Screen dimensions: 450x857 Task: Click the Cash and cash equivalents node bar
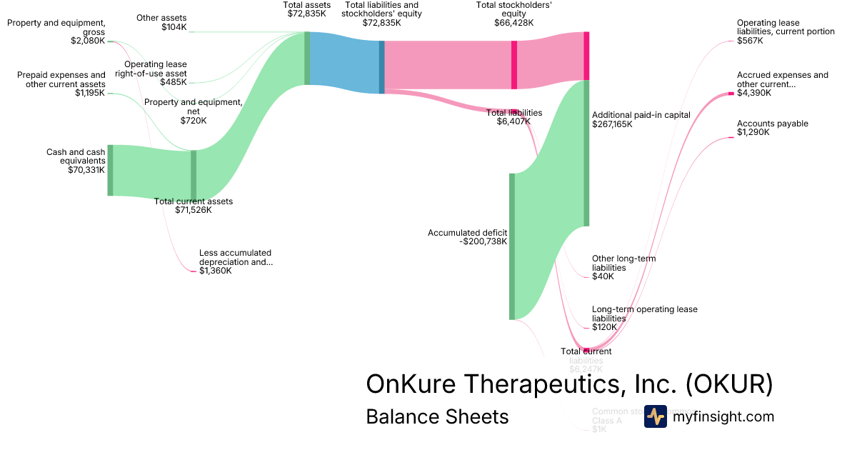[x=110, y=170]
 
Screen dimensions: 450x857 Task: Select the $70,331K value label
[x=86, y=170]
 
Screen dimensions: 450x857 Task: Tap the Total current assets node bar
[x=194, y=176]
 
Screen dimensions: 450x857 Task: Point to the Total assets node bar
[x=307, y=58]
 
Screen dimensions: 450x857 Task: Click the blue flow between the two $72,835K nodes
[x=344, y=61]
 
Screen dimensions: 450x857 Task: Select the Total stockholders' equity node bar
[x=514, y=64]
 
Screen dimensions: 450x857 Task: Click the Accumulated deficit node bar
[x=512, y=246]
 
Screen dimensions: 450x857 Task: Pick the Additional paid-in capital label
[x=632, y=114]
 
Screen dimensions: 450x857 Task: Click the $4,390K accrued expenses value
[x=754, y=94]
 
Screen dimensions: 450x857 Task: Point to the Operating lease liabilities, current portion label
[x=786, y=27]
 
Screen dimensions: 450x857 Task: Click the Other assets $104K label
[x=161, y=22]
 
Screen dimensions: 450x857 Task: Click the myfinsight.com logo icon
[x=655, y=416]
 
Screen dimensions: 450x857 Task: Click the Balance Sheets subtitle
[x=437, y=416]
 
